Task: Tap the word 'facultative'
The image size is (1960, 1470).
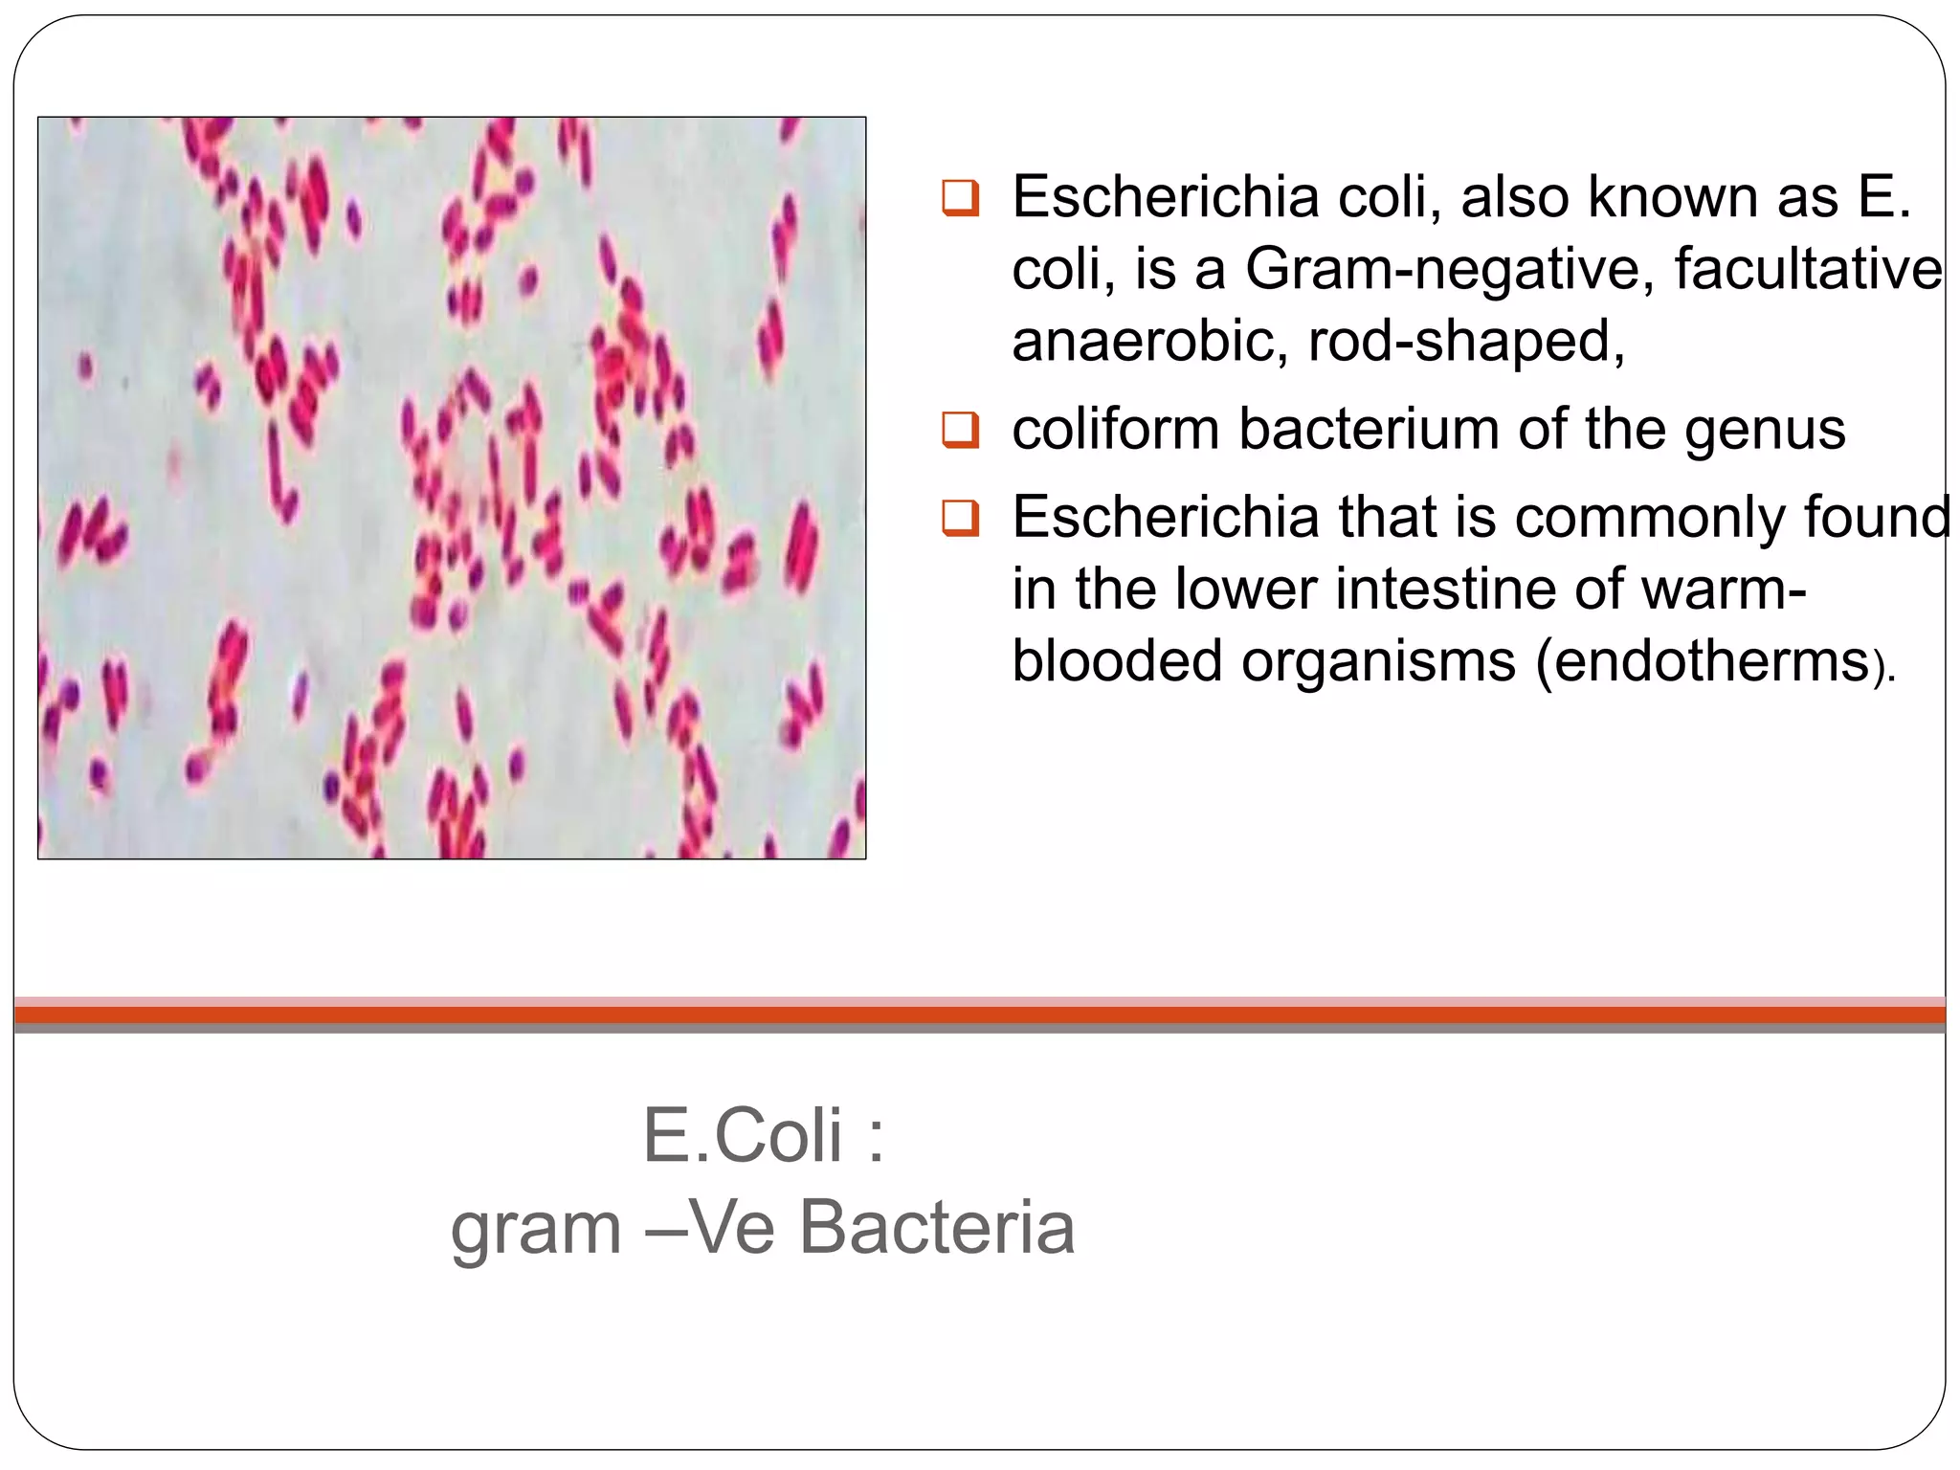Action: click(x=1808, y=268)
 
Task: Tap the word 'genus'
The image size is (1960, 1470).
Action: click(x=1765, y=431)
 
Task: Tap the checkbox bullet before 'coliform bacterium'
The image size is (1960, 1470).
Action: click(x=960, y=430)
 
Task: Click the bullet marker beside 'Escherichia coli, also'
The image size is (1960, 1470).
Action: click(x=960, y=197)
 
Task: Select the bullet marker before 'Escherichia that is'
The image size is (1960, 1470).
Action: click(x=960, y=518)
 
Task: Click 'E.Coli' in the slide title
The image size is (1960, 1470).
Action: click(x=743, y=1136)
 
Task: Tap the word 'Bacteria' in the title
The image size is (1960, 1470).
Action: click(x=937, y=1228)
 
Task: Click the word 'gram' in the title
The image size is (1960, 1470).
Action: click(x=536, y=1230)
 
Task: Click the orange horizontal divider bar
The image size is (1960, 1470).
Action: click(x=980, y=1014)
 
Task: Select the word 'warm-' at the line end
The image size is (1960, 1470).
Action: click(x=1724, y=588)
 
